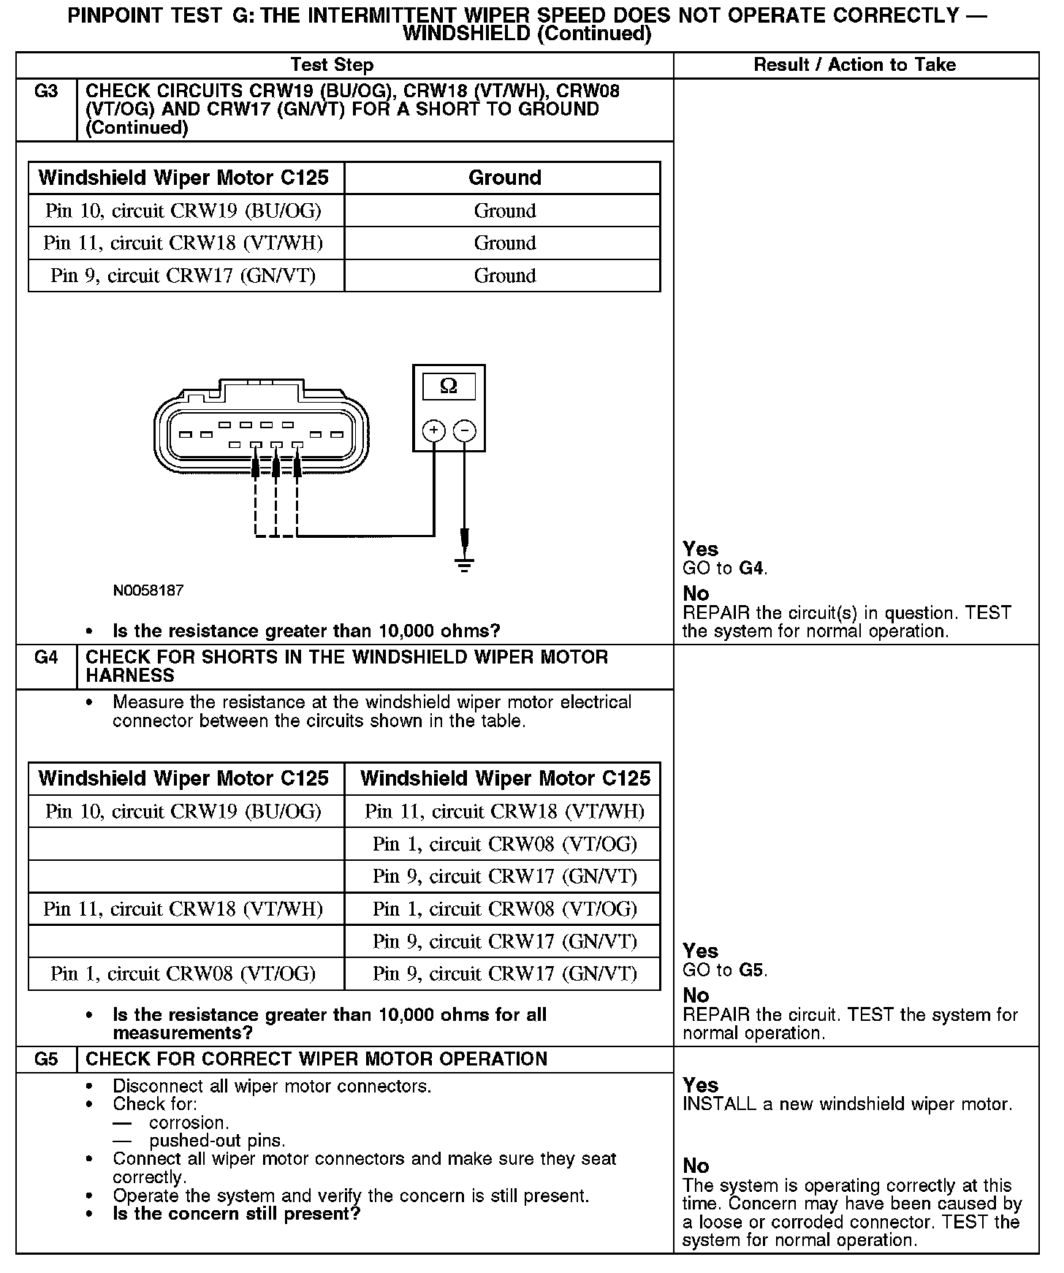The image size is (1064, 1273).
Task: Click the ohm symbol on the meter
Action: (x=449, y=386)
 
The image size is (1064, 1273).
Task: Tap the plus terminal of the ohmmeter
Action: (x=434, y=430)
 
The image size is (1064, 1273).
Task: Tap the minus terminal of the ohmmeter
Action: (x=465, y=430)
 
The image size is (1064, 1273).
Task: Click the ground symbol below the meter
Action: (x=464, y=564)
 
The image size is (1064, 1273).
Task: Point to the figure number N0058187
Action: (x=148, y=590)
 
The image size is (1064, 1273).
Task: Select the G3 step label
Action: (x=46, y=92)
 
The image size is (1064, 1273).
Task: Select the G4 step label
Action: (x=46, y=658)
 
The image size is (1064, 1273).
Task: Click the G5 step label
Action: (x=46, y=1060)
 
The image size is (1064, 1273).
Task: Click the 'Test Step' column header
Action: (x=332, y=65)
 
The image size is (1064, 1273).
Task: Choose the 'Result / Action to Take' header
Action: (x=854, y=65)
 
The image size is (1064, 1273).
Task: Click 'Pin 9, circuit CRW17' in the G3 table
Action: (x=183, y=276)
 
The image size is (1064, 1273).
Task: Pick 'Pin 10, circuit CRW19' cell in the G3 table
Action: (x=183, y=211)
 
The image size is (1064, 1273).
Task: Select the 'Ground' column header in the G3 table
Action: (x=505, y=178)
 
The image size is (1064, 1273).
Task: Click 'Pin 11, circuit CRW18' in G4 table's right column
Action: (x=505, y=812)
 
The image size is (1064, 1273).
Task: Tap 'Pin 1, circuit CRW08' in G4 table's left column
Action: (x=183, y=974)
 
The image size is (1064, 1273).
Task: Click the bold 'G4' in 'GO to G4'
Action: (x=752, y=569)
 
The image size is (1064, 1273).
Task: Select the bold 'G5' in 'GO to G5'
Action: (x=752, y=970)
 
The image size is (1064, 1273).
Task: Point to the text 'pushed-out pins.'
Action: (x=217, y=1141)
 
